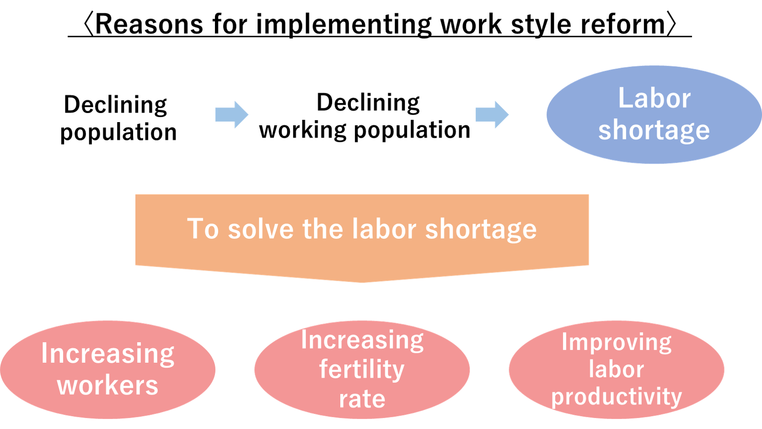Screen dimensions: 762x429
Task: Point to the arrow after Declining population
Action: tap(231, 115)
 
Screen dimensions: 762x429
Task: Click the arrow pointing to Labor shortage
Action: tap(492, 115)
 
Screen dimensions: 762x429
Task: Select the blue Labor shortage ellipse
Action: tap(654, 115)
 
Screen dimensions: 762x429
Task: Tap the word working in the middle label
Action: tap(303, 130)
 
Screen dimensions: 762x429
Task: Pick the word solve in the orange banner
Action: tap(261, 229)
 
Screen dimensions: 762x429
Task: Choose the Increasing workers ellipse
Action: tap(107, 370)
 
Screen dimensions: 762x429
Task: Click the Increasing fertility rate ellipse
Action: tap(362, 370)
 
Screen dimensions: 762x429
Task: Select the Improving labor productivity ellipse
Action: tap(617, 370)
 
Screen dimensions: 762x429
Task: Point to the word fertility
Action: tap(362, 370)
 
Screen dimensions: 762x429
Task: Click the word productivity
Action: tap(617, 397)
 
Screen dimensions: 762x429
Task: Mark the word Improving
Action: tap(617, 342)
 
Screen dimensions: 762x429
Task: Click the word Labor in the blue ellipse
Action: tap(654, 98)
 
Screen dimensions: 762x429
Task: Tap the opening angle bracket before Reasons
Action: tap(88, 24)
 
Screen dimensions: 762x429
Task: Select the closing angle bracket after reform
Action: tap(671, 24)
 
